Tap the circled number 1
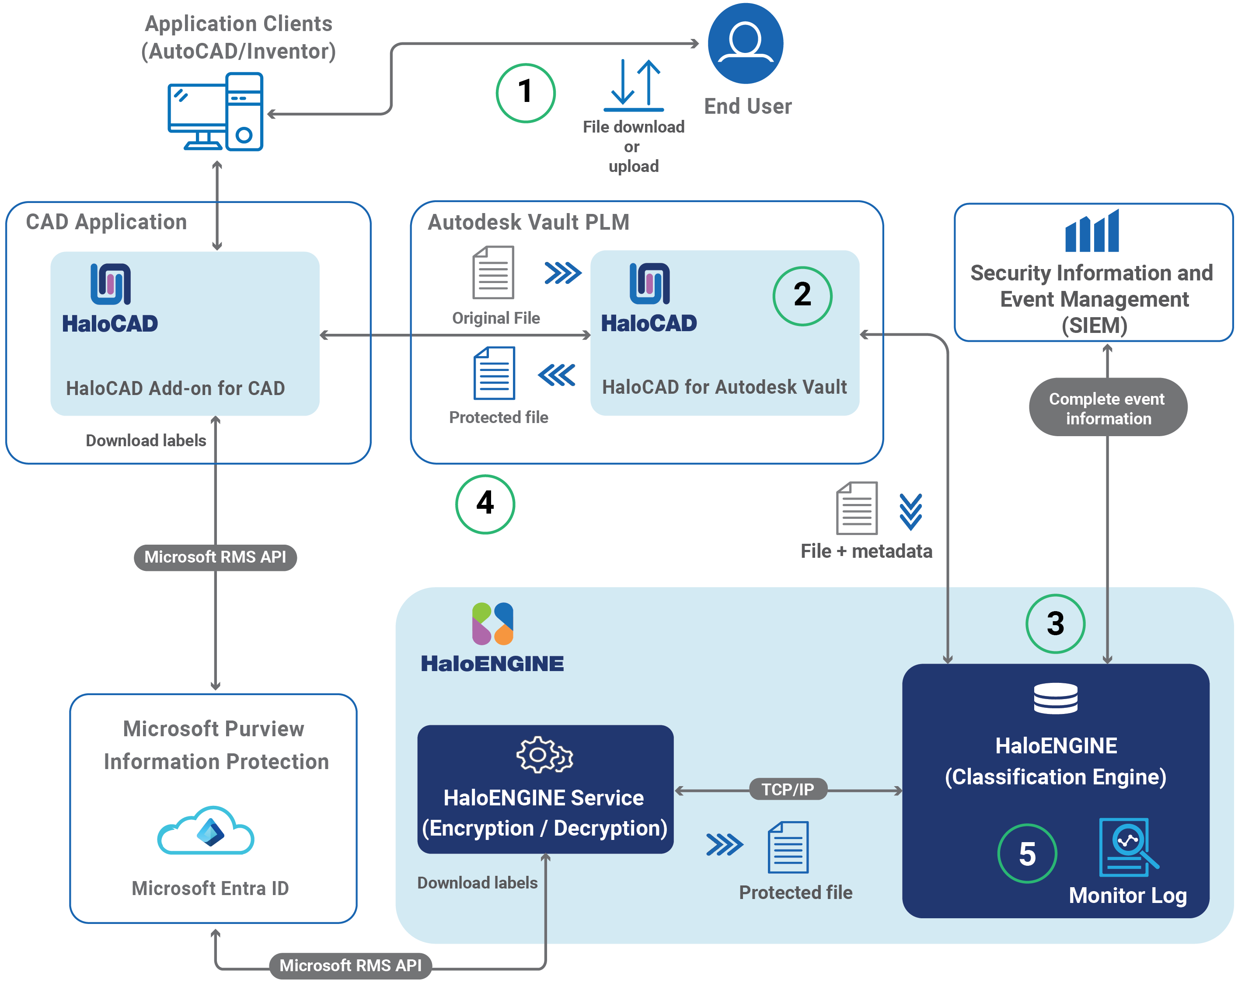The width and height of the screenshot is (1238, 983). point(525,92)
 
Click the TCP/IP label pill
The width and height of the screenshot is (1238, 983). point(788,789)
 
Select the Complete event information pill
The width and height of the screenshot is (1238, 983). point(1107,407)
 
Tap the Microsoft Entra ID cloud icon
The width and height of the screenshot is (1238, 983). point(206,831)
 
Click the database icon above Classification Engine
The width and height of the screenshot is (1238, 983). point(1055,699)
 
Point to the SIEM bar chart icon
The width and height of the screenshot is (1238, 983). point(1091,231)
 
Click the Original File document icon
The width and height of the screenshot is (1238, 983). point(493,272)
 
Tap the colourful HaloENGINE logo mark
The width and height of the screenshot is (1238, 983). point(492,623)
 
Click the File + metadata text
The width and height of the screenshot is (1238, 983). point(866,551)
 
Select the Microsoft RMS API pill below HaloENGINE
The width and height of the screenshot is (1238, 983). point(350,965)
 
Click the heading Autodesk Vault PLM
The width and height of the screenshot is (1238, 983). point(528,222)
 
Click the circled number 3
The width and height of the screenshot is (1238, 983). point(1055,623)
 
